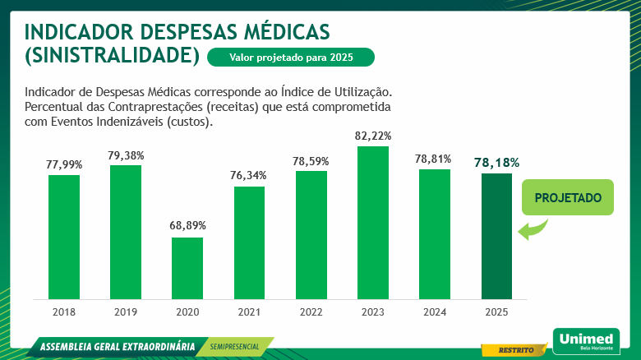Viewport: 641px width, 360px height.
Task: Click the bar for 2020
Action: click(x=187, y=268)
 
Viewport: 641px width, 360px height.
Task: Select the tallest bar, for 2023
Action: click(x=373, y=222)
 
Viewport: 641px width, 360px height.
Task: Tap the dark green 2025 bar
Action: click(x=496, y=236)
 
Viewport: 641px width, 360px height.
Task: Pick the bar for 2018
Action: click(x=64, y=237)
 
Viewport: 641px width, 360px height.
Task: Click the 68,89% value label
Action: click(x=188, y=225)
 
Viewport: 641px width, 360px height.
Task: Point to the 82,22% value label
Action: click(x=373, y=135)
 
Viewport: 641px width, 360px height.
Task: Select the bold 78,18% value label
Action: click(x=497, y=162)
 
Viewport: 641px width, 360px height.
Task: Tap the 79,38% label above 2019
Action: click(x=126, y=154)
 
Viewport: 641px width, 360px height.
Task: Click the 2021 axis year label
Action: click(x=249, y=312)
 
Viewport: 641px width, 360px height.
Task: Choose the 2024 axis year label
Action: click(x=435, y=312)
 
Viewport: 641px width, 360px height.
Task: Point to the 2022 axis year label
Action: click(x=311, y=312)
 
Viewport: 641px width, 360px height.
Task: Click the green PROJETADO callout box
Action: click(x=568, y=198)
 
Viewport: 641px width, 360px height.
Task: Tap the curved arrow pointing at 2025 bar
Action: click(x=533, y=228)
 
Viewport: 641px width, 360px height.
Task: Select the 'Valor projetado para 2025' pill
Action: click(x=291, y=57)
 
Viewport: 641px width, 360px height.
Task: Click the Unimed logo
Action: click(x=584, y=339)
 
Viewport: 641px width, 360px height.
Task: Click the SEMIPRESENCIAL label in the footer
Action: click(x=234, y=346)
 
